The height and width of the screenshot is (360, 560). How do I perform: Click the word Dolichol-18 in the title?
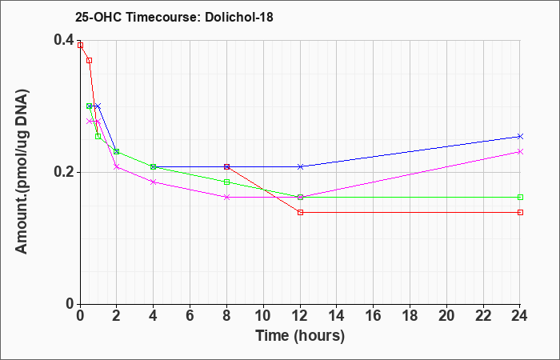pos(239,17)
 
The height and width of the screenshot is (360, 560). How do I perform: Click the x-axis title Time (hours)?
pos(300,336)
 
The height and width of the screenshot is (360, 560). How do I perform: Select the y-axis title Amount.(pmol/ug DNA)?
pos(22,171)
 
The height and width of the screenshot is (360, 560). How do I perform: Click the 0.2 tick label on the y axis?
pos(63,172)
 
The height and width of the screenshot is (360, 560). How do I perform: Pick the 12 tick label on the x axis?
pos(300,316)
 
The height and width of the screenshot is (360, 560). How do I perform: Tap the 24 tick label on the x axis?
pos(520,316)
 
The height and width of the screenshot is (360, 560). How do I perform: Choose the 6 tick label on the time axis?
pos(190,316)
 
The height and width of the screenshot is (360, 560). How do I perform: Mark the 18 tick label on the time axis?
pos(410,316)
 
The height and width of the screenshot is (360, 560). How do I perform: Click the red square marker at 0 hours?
pos(80,46)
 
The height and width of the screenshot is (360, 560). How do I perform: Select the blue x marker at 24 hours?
pos(520,137)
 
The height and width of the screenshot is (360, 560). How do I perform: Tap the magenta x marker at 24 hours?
pos(520,152)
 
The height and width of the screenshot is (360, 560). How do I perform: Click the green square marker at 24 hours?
pos(520,197)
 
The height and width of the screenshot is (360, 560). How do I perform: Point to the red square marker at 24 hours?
pos(520,213)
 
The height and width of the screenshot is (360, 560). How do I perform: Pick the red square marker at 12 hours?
pos(300,213)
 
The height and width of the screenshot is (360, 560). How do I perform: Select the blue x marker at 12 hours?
pos(300,166)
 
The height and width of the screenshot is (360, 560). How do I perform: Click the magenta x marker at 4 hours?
pos(154,182)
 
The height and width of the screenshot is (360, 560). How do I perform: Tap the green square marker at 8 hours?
pos(226,182)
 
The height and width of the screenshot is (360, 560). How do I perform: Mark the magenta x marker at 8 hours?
pos(226,197)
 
